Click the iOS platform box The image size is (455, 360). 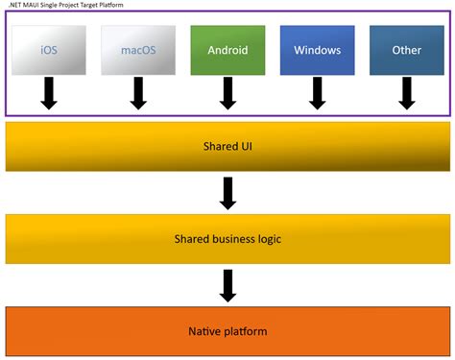(x=49, y=50)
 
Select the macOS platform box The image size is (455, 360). (x=137, y=50)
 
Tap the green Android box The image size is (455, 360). (x=227, y=50)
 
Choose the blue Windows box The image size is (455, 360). (x=317, y=50)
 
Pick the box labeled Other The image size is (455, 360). (x=406, y=50)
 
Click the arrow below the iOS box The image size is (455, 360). (x=49, y=93)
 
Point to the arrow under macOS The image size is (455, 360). (x=137, y=93)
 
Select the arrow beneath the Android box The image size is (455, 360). (x=227, y=93)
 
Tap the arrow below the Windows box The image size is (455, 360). (x=317, y=93)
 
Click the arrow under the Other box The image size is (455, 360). (x=406, y=93)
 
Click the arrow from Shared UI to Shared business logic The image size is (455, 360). (x=227, y=193)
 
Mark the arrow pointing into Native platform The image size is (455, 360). (x=227, y=284)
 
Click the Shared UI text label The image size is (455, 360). (x=227, y=146)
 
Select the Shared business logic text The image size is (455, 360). (x=227, y=238)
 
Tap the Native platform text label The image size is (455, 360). (x=227, y=331)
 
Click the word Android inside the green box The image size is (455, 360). (x=227, y=50)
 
